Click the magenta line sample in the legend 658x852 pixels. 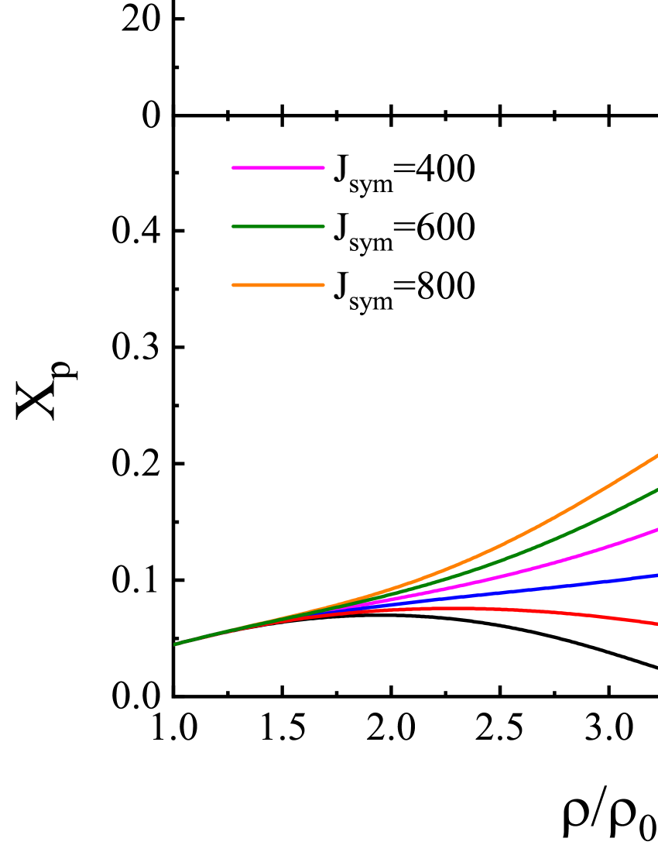278,167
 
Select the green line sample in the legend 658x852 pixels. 278,226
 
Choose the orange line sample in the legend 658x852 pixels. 278,285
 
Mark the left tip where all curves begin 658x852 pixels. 175,644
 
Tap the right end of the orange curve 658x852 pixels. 656,456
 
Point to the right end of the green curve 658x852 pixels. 656,490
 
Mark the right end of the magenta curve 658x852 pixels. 656,530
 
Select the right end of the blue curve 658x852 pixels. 656,575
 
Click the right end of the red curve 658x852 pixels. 656,623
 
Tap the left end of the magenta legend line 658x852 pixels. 233,167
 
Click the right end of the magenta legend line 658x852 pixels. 323,167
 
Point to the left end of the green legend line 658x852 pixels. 233,226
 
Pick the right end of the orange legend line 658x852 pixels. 323,285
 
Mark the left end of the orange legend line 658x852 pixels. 233,285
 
